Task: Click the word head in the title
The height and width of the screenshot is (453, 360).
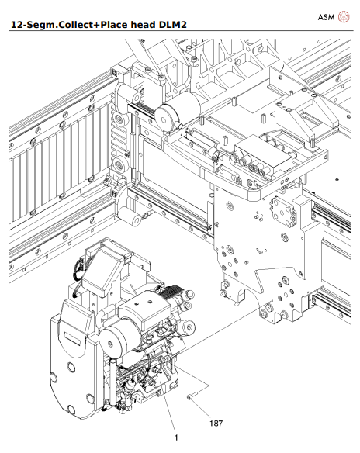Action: [139, 27]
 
